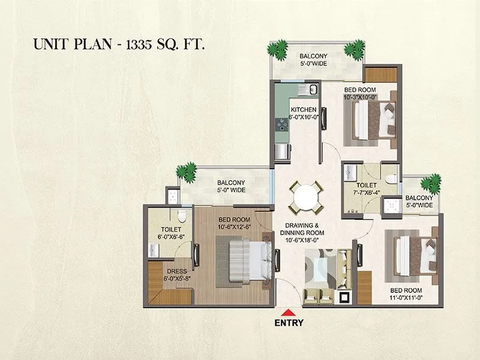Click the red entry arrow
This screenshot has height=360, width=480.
289,311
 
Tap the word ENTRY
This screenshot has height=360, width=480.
289,322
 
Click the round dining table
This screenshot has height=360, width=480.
303,196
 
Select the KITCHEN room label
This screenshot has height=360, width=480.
303,110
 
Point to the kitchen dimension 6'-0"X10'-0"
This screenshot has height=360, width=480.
303,118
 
